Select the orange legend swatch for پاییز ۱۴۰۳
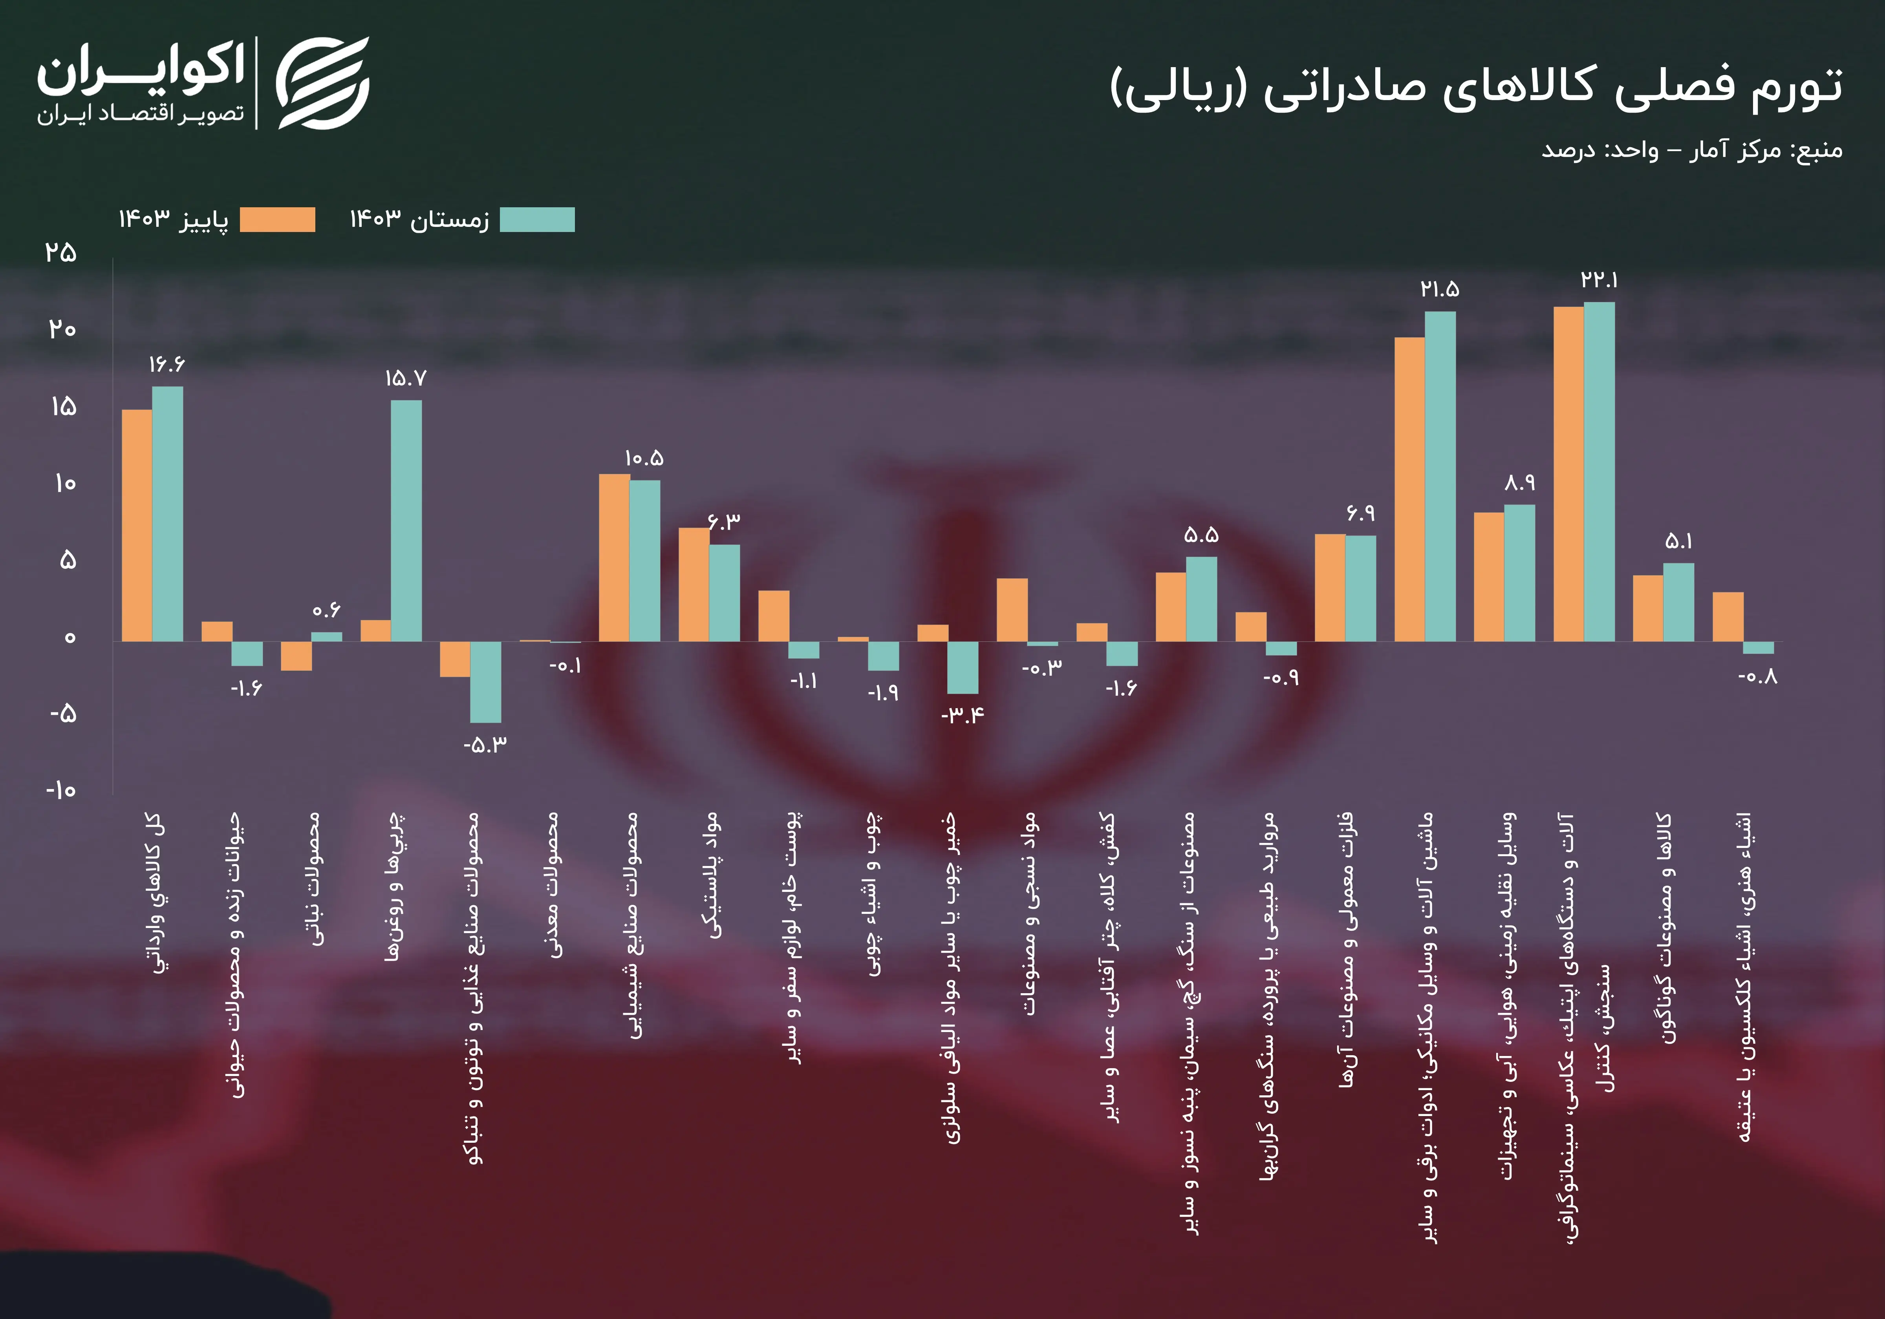click(278, 220)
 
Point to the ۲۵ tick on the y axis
click(61, 252)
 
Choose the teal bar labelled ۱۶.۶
click(167, 514)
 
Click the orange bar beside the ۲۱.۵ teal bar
click(1410, 489)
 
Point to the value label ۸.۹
click(1520, 482)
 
